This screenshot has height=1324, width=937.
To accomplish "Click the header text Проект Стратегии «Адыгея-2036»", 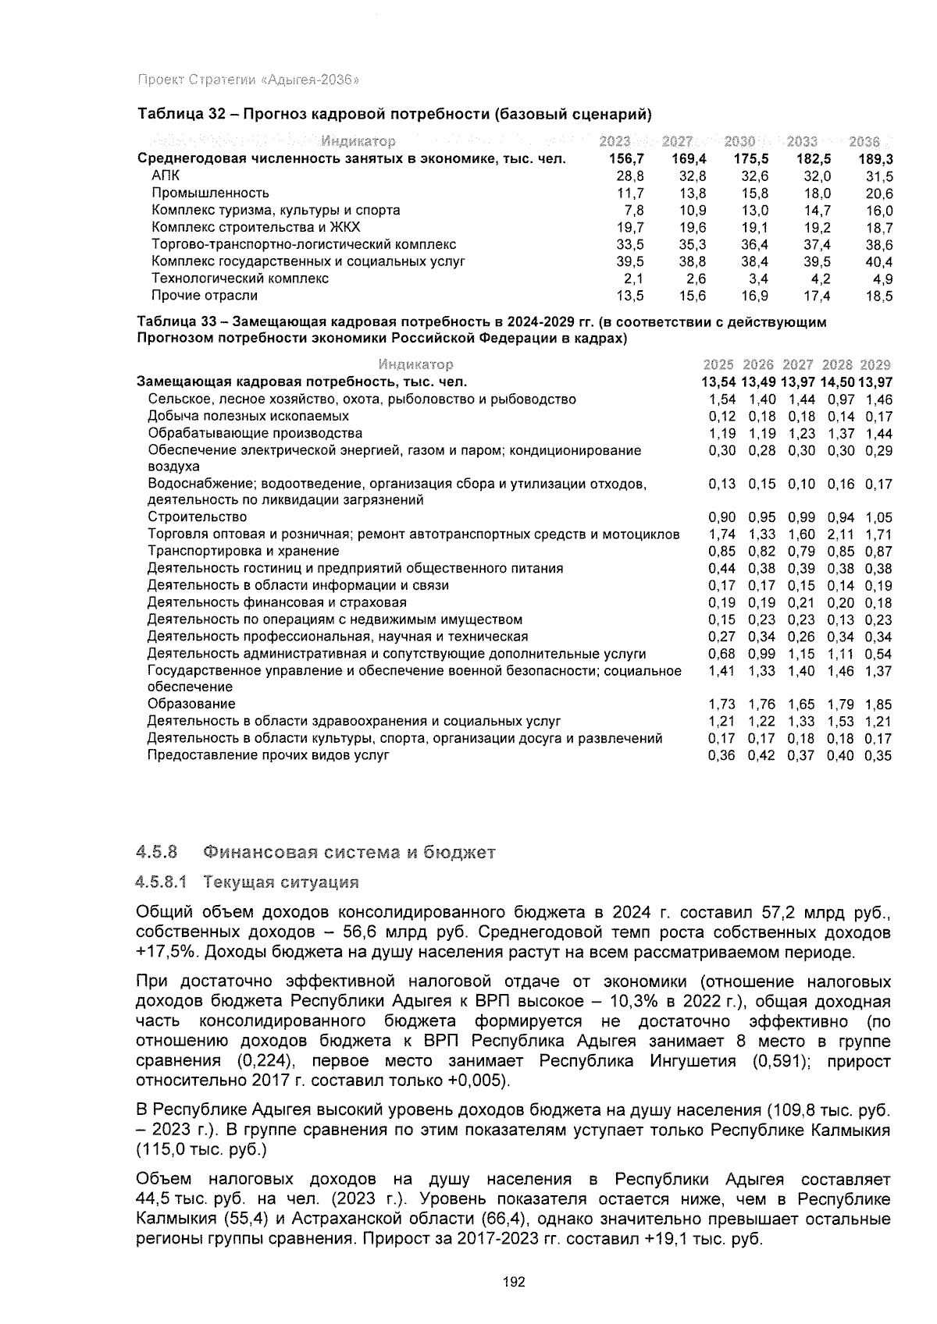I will click(x=248, y=80).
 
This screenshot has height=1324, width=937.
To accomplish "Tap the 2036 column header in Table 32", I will click(x=864, y=141).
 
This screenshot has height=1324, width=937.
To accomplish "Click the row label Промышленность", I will click(x=210, y=193).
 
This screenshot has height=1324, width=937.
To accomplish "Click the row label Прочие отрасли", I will click(x=204, y=296).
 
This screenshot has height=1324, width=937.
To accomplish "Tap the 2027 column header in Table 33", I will click(x=797, y=364).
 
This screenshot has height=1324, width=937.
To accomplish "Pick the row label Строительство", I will click(x=197, y=516).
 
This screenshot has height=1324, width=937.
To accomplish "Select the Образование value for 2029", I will click(x=878, y=704).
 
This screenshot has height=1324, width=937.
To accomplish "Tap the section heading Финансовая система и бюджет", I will click(x=349, y=851).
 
